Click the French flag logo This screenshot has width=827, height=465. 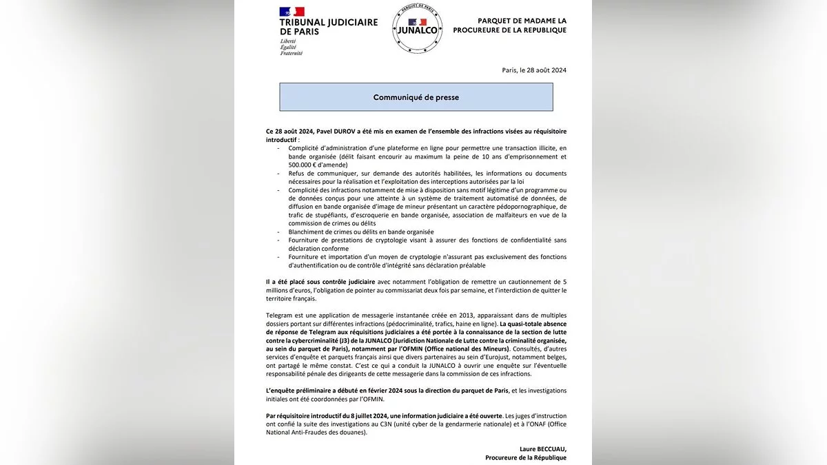[292, 11]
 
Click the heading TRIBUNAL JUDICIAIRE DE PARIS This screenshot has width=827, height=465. [328, 27]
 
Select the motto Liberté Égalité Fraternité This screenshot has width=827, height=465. [291, 47]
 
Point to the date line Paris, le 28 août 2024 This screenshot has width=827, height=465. [534, 70]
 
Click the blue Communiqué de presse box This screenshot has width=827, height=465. [416, 97]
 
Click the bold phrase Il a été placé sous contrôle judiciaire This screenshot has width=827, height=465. [320, 282]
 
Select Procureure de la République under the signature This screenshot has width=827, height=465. [526, 457]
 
